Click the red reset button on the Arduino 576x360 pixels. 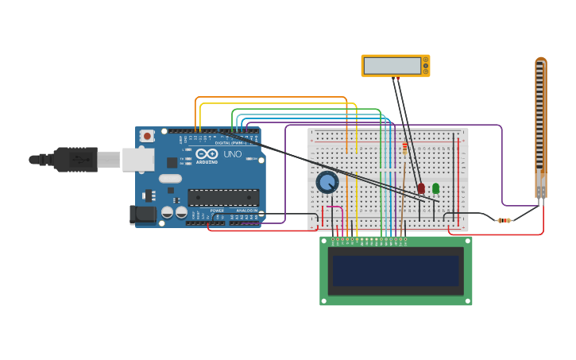[147, 136]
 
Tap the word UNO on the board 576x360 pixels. [233, 154]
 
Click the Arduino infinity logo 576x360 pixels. [207, 154]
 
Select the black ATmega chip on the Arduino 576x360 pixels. [223, 197]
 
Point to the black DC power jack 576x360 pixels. [142, 214]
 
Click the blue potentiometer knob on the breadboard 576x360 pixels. [327, 183]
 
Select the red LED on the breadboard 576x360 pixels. [421, 188]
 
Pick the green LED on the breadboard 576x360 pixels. [435, 188]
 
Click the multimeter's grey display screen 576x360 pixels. [392, 65]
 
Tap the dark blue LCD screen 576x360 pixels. [396, 271]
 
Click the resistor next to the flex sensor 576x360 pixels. [504, 220]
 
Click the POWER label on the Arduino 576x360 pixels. [217, 211]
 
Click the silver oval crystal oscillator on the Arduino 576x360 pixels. [170, 179]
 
